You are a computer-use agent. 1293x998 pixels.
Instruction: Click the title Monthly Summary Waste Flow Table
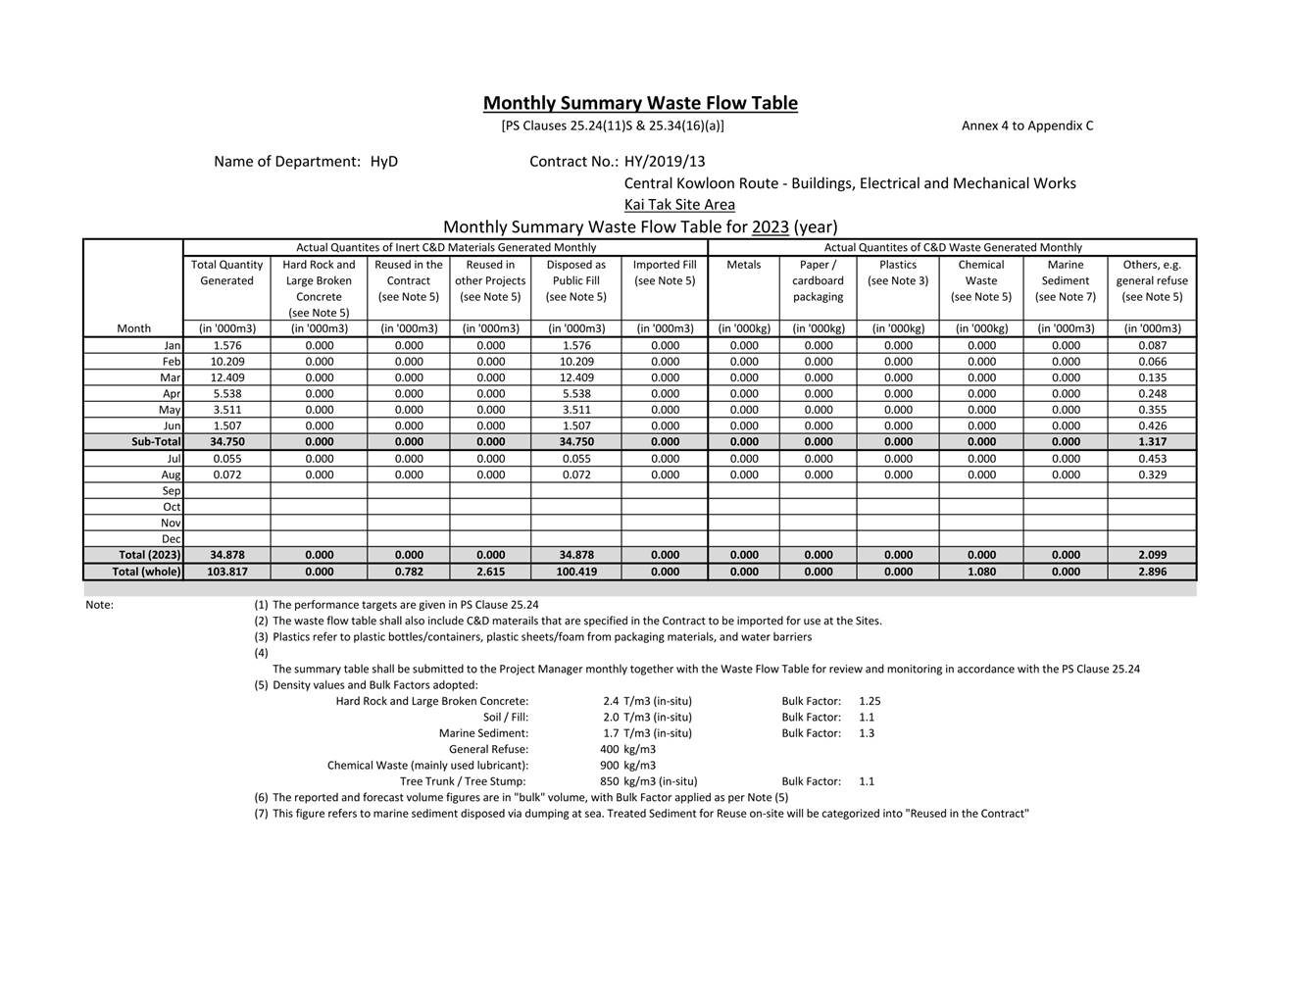[640, 103]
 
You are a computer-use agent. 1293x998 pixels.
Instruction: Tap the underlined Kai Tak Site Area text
[679, 205]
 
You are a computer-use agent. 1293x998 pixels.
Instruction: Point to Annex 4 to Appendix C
[1026, 125]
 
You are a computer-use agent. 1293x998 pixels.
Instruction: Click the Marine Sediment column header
[1065, 280]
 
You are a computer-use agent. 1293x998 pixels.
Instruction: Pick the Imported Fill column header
[664, 273]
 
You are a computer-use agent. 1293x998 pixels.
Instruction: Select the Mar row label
[171, 377]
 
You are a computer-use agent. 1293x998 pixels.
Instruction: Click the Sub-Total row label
[156, 442]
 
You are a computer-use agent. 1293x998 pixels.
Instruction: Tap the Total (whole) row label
[146, 572]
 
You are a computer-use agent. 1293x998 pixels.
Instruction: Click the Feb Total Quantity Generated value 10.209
[227, 362]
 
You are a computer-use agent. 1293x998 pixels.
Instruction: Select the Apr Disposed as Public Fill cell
[575, 394]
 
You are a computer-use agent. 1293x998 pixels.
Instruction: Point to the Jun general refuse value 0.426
[1152, 426]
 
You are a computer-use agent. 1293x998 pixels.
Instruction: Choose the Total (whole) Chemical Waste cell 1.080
[981, 572]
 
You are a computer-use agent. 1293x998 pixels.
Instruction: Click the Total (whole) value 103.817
[227, 572]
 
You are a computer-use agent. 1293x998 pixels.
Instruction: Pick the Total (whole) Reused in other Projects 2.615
[490, 572]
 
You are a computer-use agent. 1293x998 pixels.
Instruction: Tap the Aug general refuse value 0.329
[1152, 474]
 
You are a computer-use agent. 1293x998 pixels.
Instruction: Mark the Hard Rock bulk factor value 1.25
[870, 701]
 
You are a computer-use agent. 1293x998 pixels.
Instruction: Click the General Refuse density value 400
[609, 749]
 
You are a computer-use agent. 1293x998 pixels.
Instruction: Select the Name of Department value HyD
[384, 162]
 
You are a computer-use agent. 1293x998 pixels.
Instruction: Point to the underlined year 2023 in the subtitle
[771, 227]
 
